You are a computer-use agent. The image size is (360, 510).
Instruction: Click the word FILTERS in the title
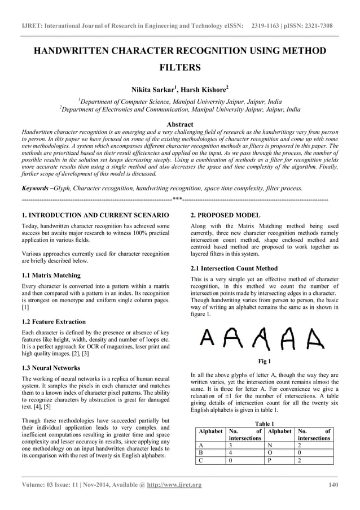click(x=180, y=68)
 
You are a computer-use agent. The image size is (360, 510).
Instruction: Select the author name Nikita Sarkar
click(x=154, y=89)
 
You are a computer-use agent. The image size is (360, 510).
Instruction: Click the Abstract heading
click(x=180, y=124)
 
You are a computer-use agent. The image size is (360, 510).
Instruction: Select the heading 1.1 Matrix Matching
click(x=51, y=276)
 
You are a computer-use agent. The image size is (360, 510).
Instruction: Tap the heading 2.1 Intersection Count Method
click(x=234, y=268)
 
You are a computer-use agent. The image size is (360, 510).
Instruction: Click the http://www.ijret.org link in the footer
click(x=174, y=485)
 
